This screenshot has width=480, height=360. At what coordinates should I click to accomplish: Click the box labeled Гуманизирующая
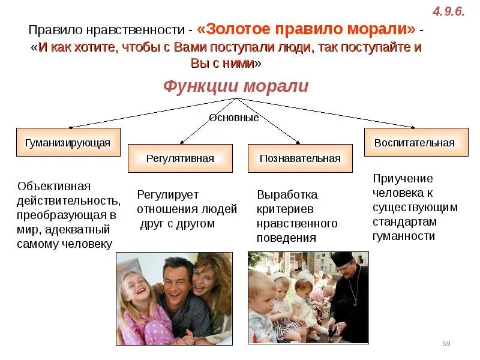coord(68,143)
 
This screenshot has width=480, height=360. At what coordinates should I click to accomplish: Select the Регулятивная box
coord(180,158)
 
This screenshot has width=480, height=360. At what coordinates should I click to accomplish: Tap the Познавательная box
coord(300,158)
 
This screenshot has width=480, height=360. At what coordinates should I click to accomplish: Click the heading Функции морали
coord(236,86)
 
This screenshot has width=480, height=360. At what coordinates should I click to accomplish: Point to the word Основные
coord(234,118)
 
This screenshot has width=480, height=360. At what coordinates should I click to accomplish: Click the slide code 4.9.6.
coord(449,12)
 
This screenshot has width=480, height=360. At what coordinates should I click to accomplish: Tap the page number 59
coord(446,343)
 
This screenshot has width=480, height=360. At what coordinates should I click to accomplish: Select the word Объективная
coord(54,186)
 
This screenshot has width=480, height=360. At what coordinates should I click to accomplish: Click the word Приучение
coord(403,178)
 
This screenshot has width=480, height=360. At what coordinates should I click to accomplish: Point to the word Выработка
coord(287,195)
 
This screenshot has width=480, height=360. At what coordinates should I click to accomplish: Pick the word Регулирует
coord(167,194)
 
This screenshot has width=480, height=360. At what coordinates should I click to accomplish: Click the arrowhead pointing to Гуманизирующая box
coord(71,127)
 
